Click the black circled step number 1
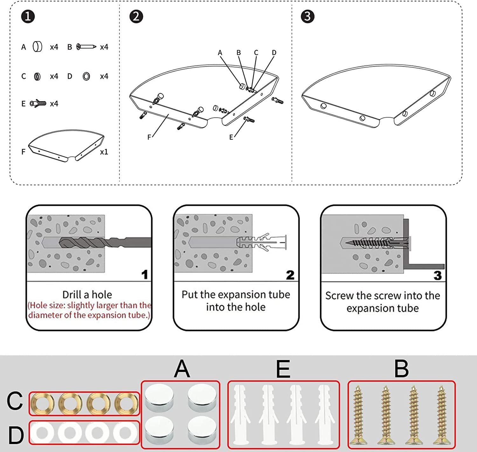28,17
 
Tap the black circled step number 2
136,17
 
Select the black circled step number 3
308,17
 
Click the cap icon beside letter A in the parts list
38,47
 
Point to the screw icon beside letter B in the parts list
86,47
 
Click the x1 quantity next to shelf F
104,152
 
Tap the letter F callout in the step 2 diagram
149,137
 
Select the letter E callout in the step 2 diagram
231,137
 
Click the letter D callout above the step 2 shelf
274,53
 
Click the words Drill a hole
87,295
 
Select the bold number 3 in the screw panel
438,275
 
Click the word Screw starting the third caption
339,296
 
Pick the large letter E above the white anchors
283,369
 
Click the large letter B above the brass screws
401,369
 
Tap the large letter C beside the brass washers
15,401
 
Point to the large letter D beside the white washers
16,435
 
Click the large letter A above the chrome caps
182,369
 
